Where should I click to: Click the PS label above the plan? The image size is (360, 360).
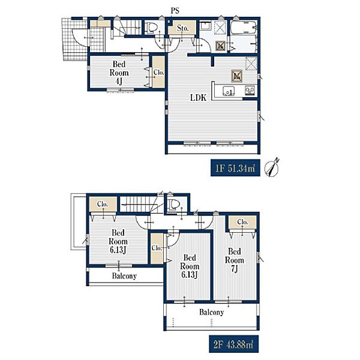(x=175, y=11)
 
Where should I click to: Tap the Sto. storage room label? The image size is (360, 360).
(x=183, y=28)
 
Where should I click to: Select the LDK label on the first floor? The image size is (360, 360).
(x=199, y=98)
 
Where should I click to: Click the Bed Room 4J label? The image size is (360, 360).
(x=119, y=73)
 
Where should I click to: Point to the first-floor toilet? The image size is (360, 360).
(x=152, y=28)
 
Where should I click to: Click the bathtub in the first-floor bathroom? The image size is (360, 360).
(x=244, y=28)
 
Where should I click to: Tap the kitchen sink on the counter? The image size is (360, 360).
(x=229, y=91)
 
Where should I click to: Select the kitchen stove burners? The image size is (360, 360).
(x=250, y=91)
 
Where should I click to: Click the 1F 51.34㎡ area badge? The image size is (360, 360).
(x=235, y=168)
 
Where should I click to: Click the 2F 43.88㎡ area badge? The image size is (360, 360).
(x=234, y=344)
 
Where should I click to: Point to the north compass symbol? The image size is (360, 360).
(x=272, y=167)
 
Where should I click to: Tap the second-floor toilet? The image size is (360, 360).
(x=174, y=204)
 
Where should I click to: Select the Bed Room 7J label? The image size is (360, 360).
(x=234, y=260)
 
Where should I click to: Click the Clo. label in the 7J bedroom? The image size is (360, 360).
(x=242, y=222)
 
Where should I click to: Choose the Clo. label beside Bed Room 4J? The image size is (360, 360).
(x=158, y=73)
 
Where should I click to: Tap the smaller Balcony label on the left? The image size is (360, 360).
(x=124, y=275)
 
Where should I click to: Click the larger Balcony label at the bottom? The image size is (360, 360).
(x=211, y=312)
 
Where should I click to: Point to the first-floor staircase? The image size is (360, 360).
(x=126, y=28)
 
